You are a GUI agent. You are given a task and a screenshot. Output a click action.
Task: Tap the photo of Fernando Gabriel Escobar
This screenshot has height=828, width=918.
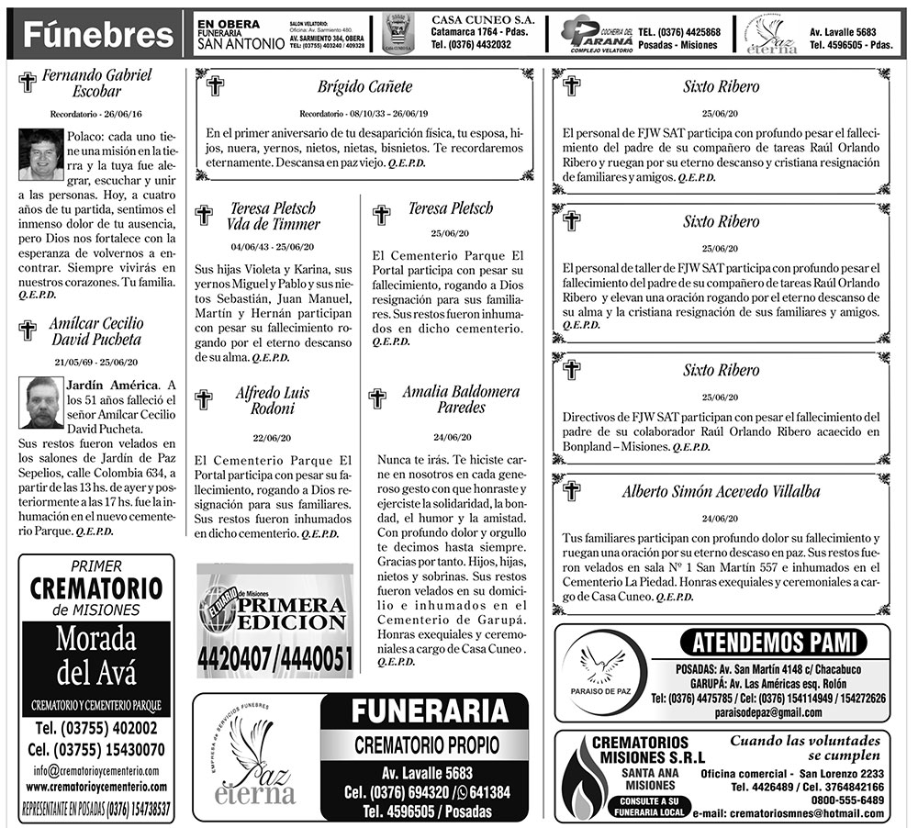click(x=39, y=153)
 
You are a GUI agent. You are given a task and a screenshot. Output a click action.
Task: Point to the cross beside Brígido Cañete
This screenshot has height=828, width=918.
click(x=216, y=86)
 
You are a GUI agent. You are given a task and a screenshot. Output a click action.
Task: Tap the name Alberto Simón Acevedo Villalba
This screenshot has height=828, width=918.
click(x=721, y=491)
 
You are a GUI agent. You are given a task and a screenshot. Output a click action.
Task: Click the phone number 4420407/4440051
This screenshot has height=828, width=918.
click(x=274, y=659)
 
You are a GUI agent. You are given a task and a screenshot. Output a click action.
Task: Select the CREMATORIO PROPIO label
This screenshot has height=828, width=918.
click(x=424, y=744)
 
